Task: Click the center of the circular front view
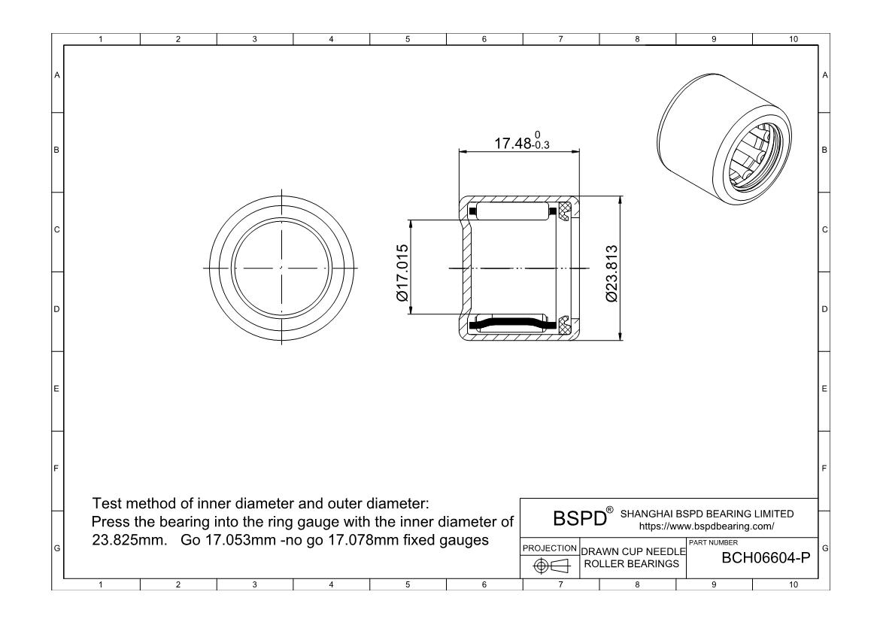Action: coord(281,268)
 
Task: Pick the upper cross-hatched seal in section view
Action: coord(565,211)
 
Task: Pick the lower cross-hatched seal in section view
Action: coord(565,325)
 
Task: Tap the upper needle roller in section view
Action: coord(511,211)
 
